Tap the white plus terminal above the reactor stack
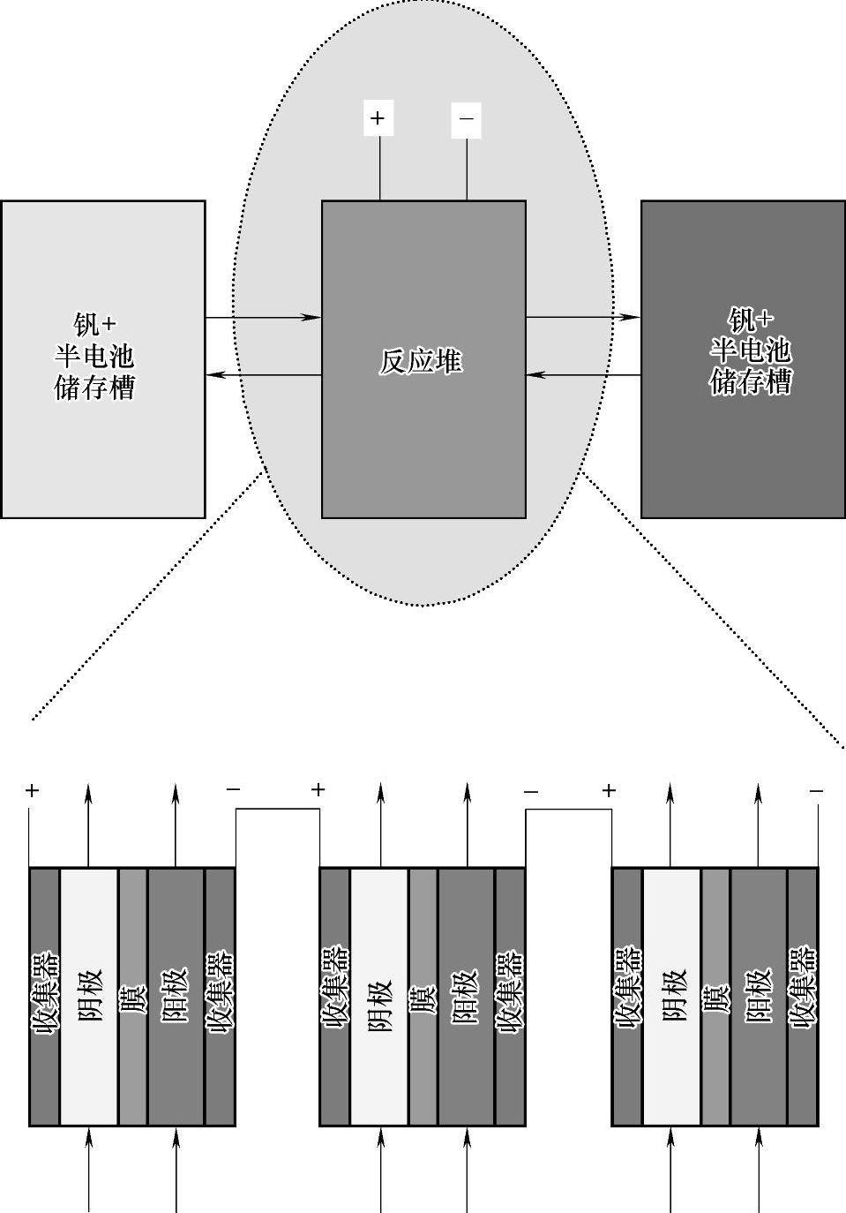(x=378, y=118)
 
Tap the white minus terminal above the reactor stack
(x=467, y=118)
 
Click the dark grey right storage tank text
(x=751, y=350)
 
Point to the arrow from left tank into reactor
(x=263, y=317)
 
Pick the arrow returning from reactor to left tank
(x=263, y=376)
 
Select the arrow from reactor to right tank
(x=583, y=317)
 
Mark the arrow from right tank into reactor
(x=583, y=376)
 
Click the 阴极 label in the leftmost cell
(x=89, y=996)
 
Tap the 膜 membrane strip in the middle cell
(x=423, y=996)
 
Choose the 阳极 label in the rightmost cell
(x=759, y=996)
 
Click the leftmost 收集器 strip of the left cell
(x=45, y=996)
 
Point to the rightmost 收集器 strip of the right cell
(x=803, y=996)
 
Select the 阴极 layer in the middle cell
(x=379, y=996)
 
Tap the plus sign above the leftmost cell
(x=33, y=791)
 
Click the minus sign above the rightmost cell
(x=816, y=791)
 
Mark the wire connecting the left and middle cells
(x=277, y=810)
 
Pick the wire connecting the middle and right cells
(x=569, y=810)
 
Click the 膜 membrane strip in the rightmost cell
(x=715, y=996)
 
